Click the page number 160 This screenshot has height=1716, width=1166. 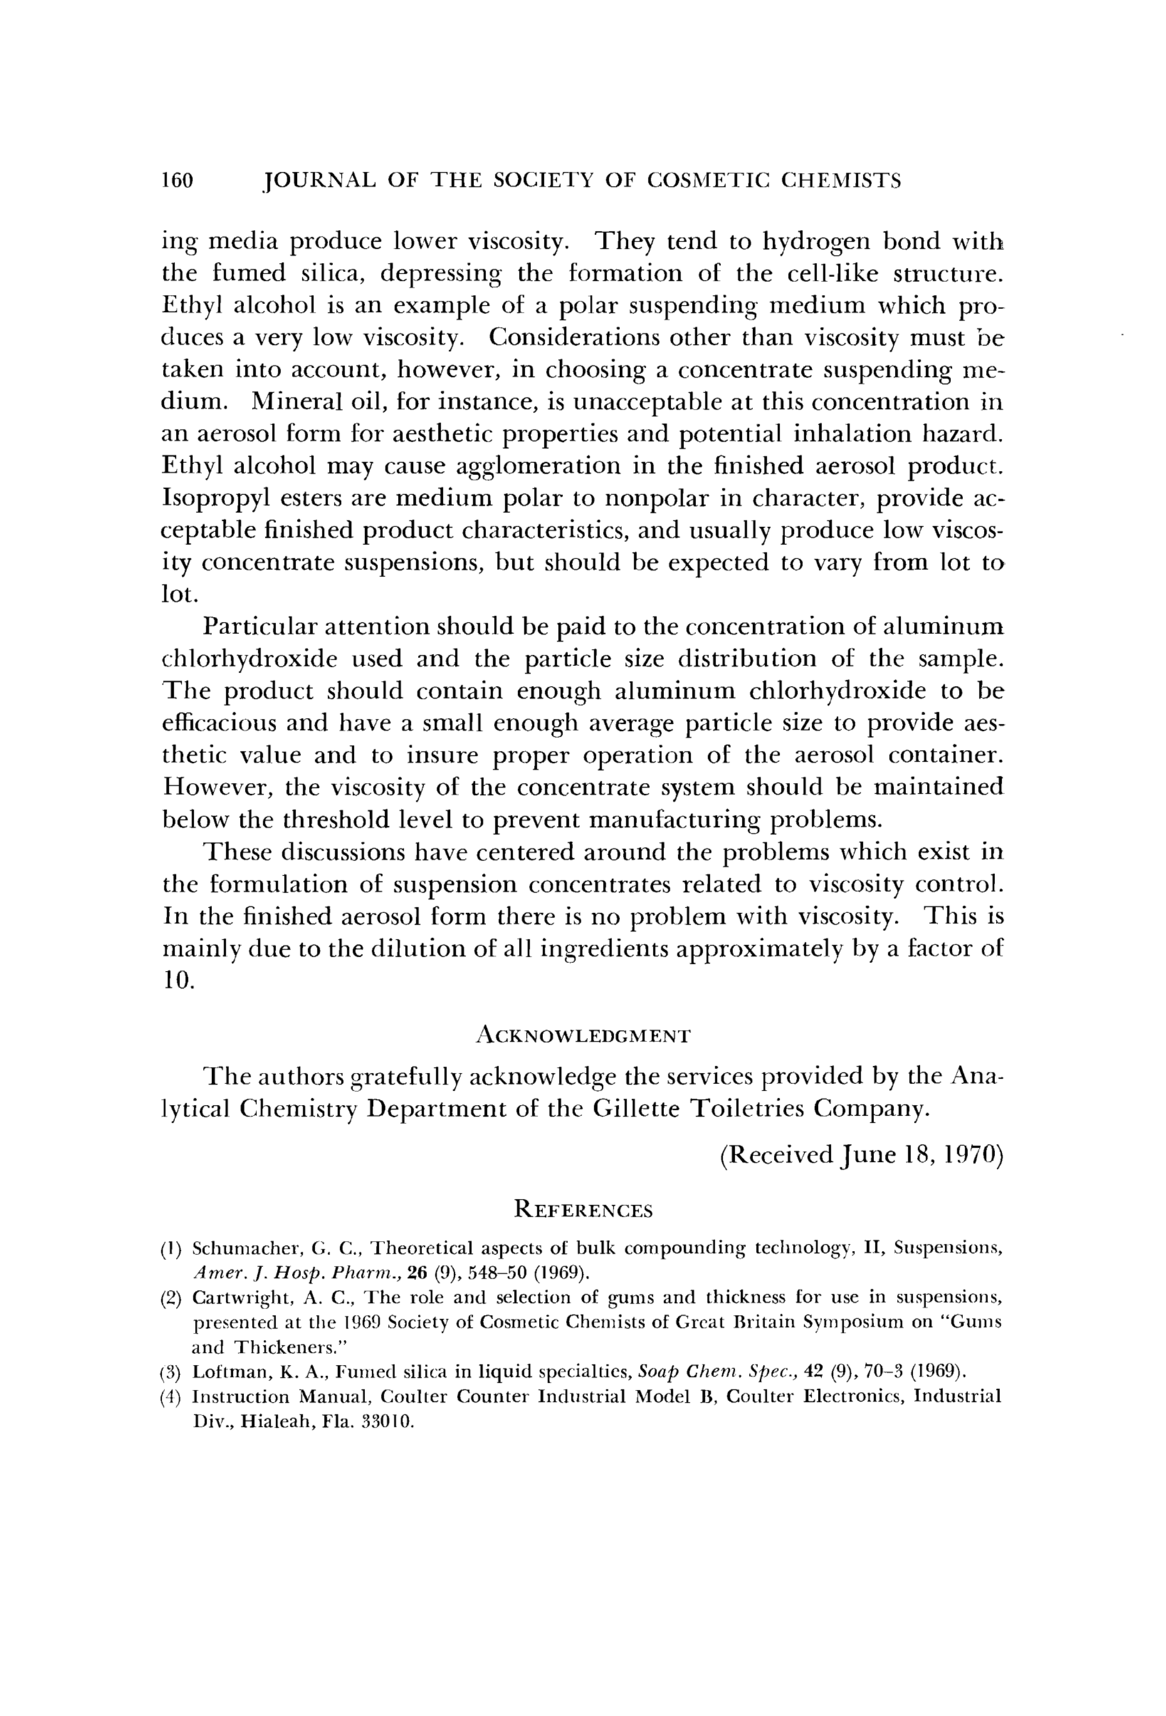pyautogui.click(x=177, y=181)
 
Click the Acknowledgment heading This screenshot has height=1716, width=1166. pyautogui.click(x=583, y=1036)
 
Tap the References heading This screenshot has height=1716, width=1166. pyautogui.click(x=583, y=1210)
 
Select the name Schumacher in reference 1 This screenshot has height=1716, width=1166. pyautogui.click(x=239, y=1248)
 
